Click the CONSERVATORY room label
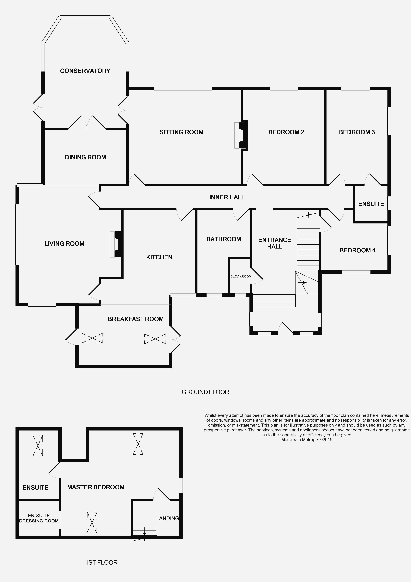coord(85,71)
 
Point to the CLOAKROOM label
coord(241,276)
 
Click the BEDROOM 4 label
coord(357,250)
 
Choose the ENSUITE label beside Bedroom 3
coord(371,204)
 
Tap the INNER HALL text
coord(227,197)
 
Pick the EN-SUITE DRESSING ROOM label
coord(39,518)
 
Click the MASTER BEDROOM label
coord(96,487)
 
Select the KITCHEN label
coord(159,257)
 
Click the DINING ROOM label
coord(85,157)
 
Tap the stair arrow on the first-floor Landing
coord(144,531)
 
